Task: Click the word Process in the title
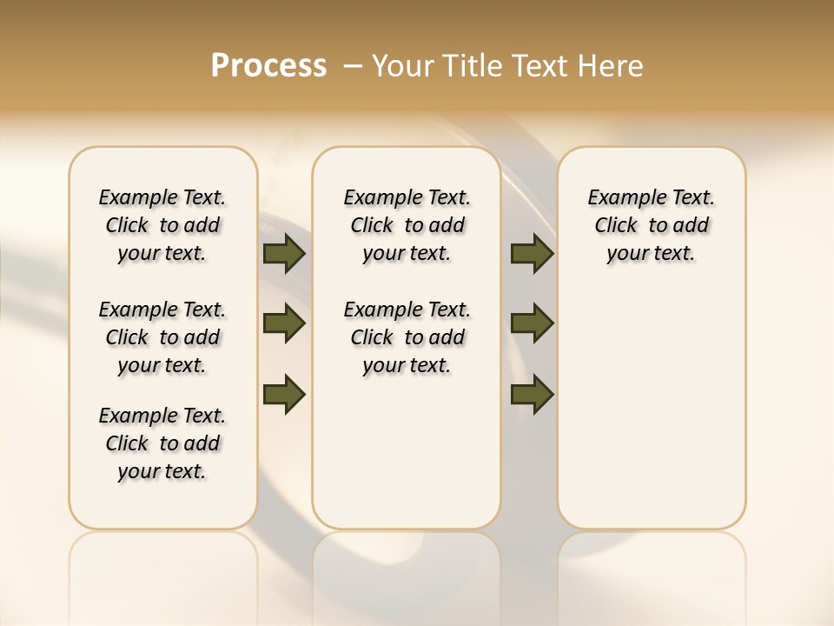[x=268, y=66]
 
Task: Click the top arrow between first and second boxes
[x=284, y=253]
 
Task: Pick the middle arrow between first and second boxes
[x=284, y=323]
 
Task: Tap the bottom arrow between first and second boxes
[x=284, y=393]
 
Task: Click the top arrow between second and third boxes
[x=533, y=253]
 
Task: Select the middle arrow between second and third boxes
[x=533, y=323]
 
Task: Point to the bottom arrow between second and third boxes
[x=533, y=394]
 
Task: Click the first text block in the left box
[x=162, y=225]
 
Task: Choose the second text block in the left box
[x=162, y=337]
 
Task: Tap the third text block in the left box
[x=162, y=443]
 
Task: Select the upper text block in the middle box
[x=407, y=225]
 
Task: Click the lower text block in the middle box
[x=407, y=337]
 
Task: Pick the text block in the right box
[x=651, y=225]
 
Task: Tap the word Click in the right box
[x=616, y=226]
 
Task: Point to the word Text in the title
[x=541, y=66]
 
